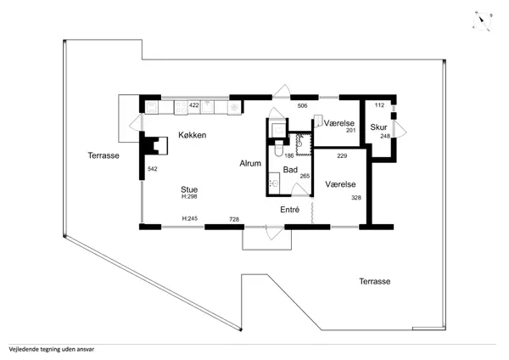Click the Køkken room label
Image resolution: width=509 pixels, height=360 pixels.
pos(192,135)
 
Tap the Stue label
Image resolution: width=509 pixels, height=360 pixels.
pos(189,189)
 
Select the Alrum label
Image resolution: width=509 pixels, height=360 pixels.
pos(249,163)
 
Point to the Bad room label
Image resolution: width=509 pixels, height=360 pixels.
pos(289,170)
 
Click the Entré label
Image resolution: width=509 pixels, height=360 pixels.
pos(289,209)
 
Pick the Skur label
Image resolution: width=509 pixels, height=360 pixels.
pos(378,127)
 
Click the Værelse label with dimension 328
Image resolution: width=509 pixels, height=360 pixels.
pos(339,184)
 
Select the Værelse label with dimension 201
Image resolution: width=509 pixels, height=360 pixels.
pos(338,123)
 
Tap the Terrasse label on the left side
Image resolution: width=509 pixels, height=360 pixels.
pos(103,155)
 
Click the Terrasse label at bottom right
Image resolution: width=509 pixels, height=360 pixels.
pos(374,281)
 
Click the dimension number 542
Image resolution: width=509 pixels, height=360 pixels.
pos(153,169)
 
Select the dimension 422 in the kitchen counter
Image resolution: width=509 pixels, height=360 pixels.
pos(193,105)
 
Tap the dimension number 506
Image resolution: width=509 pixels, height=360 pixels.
pos(302,105)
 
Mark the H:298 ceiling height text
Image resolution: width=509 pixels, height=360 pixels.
pos(189,197)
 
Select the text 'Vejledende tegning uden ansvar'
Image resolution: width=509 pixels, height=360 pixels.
pos(50,348)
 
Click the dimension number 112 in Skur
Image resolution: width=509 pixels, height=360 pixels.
pos(379,105)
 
